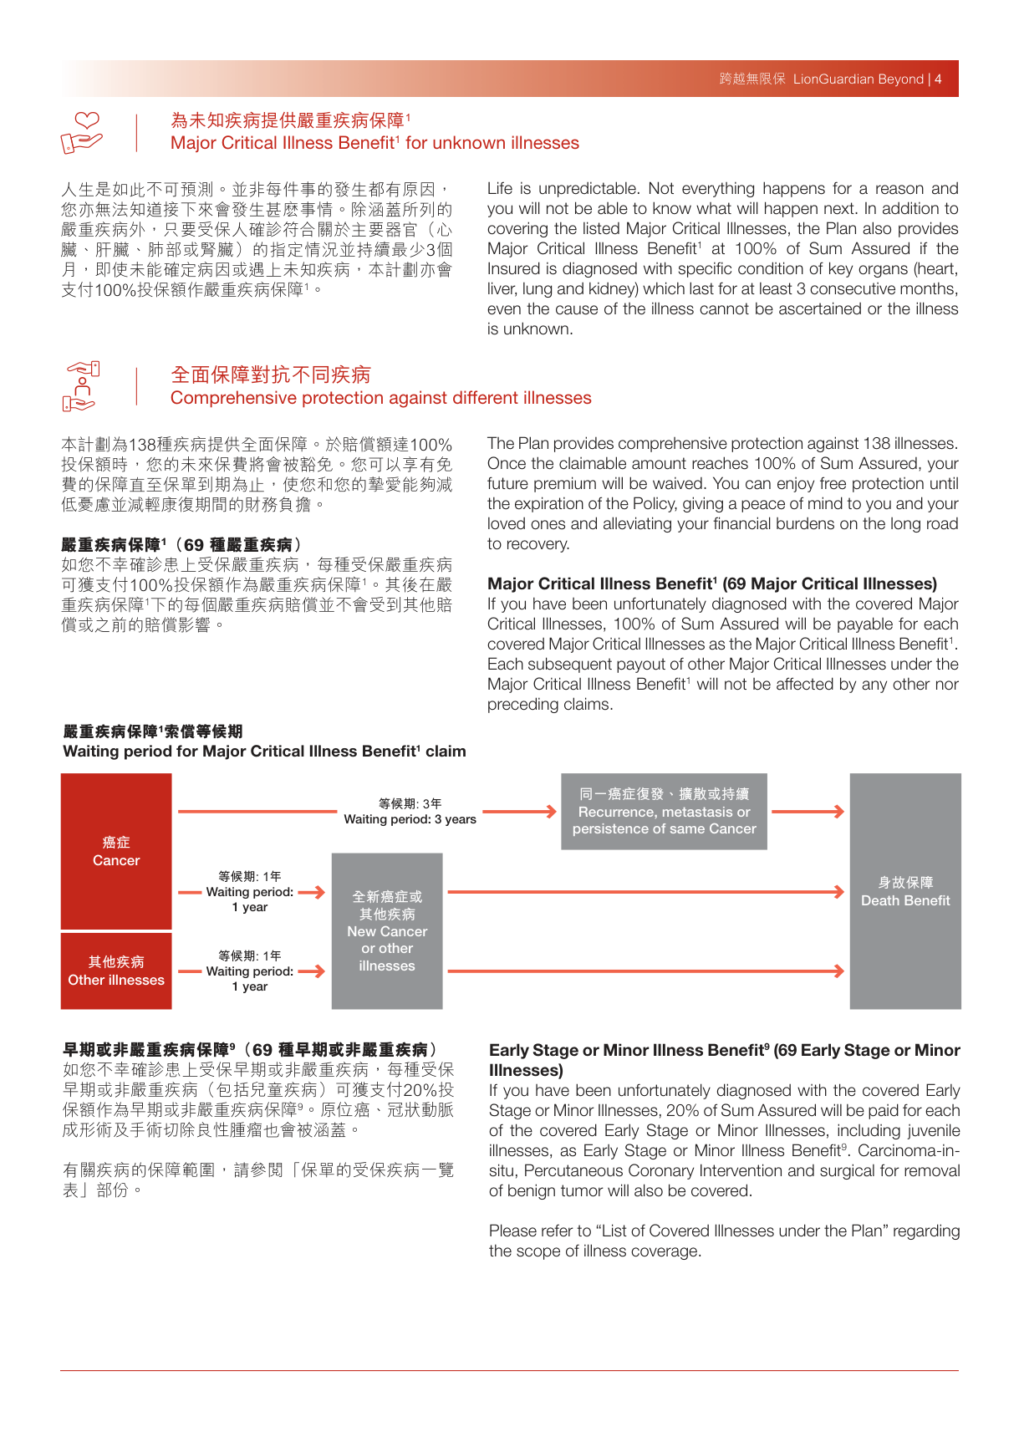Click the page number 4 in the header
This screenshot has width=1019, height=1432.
[x=938, y=79]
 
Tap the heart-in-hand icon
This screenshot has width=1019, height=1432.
[x=81, y=133]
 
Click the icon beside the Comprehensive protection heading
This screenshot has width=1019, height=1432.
[x=81, y=386]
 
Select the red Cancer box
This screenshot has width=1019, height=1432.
[x=116, y=851]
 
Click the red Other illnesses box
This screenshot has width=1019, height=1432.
[x=116, y=971]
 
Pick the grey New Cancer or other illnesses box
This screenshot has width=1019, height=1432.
[x=387, y=930]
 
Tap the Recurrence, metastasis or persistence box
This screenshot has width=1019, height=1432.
[x=664, y=812]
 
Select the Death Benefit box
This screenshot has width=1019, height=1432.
[x=905, y=891]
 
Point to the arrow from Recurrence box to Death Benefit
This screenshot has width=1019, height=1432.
[x=808, y=812]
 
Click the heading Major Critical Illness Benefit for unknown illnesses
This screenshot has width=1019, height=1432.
[x=374, y=143]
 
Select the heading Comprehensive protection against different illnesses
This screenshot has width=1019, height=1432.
[x=380, y=398]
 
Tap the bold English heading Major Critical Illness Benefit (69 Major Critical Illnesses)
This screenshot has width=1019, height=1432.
[x=711, y=584]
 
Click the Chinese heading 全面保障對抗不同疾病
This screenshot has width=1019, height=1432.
[x=271, y=375]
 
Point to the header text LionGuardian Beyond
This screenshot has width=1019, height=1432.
[x=858, y=79]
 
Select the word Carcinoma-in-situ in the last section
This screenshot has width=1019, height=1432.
[x=909, y=1151]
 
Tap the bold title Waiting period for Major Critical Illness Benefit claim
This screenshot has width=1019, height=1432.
[x=264, y=752]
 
